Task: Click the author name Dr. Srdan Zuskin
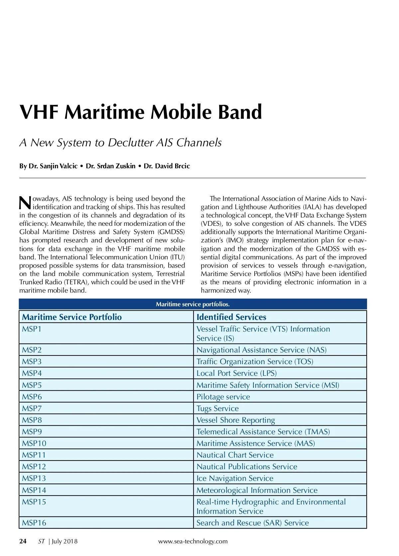[111, 166]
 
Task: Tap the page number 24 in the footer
[23, 541]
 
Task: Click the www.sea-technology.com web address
[193, 541]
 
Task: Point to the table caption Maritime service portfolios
[193, 304]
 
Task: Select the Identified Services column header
[231, 317]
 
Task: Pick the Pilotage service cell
[223, 397]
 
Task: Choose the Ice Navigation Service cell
[235, 478]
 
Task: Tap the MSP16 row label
[34, 523]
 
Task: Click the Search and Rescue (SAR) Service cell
[253, 523]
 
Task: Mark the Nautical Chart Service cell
[235, 455]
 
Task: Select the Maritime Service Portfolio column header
[72, 317]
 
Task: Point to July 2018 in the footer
[65, 541]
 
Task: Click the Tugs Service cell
[217, 408]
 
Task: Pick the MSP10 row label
[34, 443]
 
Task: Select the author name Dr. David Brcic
[167, 166]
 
